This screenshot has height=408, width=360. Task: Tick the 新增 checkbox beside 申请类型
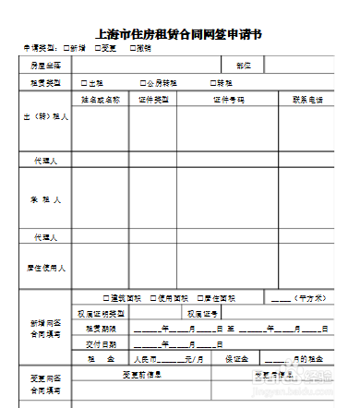[68, 47]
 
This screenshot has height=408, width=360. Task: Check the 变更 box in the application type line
[98, 47]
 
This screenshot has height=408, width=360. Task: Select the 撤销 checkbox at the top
[133, 47]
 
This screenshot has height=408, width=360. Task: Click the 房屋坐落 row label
[45, 66]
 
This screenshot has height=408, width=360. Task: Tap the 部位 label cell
[244, 66]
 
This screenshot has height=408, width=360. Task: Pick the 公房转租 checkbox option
[143, 82]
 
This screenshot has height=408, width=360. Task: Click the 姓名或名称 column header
[101, 98]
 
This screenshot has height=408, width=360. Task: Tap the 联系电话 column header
[307, 98]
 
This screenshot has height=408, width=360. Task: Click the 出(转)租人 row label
[45, 117]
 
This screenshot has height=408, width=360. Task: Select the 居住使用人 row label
[45, 268]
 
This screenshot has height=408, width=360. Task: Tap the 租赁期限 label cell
[101, 328]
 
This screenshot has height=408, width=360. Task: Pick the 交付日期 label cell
[101, 342]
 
